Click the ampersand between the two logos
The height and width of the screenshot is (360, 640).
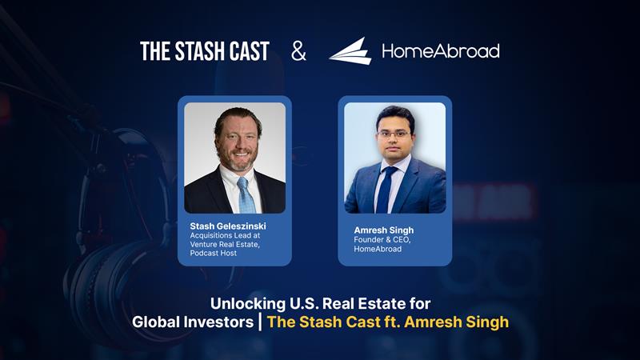298,51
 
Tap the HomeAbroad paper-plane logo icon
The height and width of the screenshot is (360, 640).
350,51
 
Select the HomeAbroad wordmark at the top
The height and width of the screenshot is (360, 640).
441,51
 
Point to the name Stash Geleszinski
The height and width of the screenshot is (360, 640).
228,226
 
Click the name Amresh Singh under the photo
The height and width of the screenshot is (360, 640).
384,230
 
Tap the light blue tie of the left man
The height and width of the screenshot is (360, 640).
246,195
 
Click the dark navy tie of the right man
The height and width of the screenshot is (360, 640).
385,190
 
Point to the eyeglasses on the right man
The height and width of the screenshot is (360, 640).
393,134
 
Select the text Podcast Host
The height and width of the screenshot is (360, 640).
213,253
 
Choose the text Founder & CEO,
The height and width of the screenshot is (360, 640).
382,239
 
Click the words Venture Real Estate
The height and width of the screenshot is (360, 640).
224,245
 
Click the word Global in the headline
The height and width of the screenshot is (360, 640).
155,322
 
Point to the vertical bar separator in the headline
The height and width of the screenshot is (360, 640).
260,322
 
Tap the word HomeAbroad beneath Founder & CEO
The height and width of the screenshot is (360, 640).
378,249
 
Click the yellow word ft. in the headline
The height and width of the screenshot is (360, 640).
392,322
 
